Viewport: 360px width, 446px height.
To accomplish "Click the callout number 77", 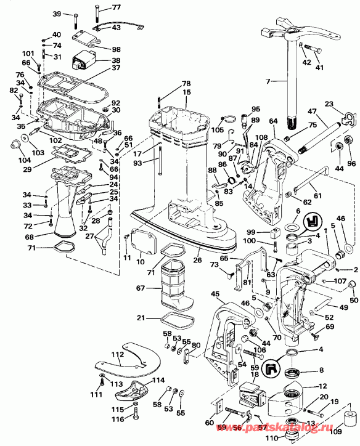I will [x=117, y=7].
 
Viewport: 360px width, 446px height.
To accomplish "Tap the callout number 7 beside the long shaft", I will [x=268, y=81].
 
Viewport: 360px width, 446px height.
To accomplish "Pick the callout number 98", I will [x=117, y=49].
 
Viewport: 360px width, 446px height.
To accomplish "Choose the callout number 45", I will [x=216, y=294].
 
